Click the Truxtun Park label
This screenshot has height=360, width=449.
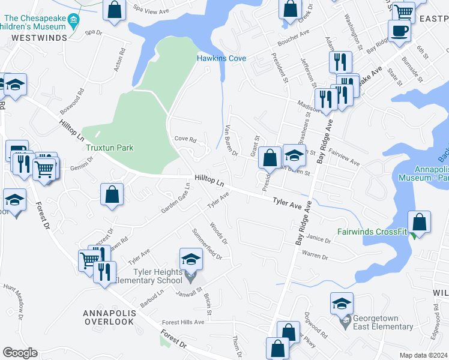pyautogui.click(x=109, y=148)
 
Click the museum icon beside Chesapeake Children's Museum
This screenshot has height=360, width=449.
pyautogui.click(x=73, y=22)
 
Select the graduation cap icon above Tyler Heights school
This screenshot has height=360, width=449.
pyautogui.click(x=191, y=259)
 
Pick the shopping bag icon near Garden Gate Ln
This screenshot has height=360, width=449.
pyautogui.click(x=112, y=194)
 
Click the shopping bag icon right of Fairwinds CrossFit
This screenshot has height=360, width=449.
pyautogui.click(x=421, y=222)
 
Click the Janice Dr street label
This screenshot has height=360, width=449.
pyautogui.click(x=319, y=239)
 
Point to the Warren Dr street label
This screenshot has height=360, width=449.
pyautogui.click(x=315, y=256)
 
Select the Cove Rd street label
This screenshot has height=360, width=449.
pyautogui.click(x=185, y=139)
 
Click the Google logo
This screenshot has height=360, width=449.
pyautogui.click(x=20, y=353)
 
